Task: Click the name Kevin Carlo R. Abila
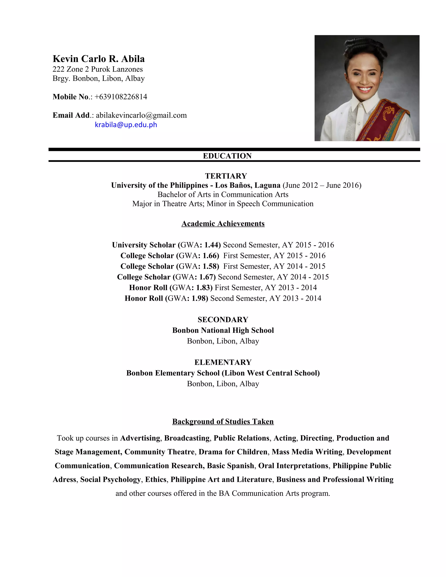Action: pos(99,59)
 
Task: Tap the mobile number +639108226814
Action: pos(121,97)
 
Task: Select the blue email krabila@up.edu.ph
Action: pos(126,125)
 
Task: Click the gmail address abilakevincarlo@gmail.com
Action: pos(141,115)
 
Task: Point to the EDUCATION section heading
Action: pos(227,156)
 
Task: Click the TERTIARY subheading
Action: pos(226,176)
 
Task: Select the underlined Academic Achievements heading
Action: pos(223,224)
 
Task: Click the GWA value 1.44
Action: pos(212,245)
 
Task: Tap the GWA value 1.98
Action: pos(199,298)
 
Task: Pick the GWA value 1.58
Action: pos(211,266)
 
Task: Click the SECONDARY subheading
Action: pos(223,320)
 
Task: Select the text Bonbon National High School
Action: pos(223,330)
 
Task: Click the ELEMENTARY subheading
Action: pos(223,362)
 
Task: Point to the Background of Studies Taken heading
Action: pos(223,421)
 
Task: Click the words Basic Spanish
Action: pos(230,466)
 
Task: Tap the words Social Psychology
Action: pos(110,479)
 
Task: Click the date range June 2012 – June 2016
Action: pos(322,185)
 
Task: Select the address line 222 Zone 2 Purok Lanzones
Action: pos(98,69)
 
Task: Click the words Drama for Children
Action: pos(233,452)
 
